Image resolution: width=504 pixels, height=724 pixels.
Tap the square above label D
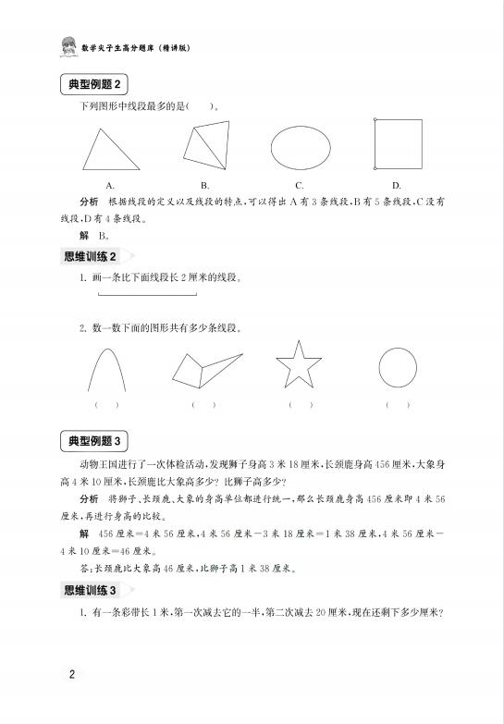coord(397,143)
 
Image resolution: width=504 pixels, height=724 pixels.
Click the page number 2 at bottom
coord(71,672)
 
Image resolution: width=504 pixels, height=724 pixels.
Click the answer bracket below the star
coord(301,405)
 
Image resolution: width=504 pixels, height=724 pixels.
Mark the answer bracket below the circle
coord(398,405)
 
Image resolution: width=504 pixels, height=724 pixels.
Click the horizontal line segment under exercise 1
coord(145,295)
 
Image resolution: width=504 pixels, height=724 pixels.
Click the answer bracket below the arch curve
coord(106,405)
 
